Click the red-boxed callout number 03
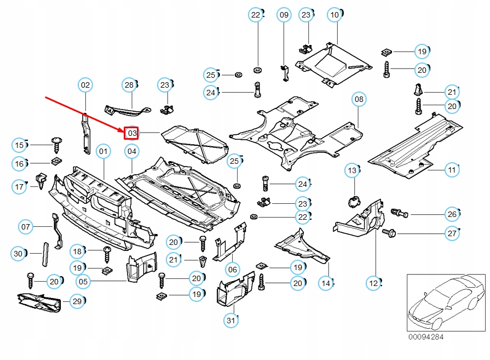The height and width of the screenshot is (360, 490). tap(131, 133)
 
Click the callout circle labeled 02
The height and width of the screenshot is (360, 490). tap(85, 85)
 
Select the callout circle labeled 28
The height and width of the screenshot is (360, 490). tap(129, 85)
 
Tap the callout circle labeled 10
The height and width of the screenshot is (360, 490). tap(335, 15)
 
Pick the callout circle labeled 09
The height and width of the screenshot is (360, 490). tap(284, 15)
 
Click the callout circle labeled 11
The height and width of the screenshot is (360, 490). tap(452, 170)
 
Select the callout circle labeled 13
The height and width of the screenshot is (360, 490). tap(352, 171)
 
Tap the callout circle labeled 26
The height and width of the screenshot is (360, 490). tap(452, 214)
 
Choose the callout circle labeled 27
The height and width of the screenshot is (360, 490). tap(452, 234)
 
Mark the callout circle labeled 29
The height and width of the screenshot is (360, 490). tap(77, 301)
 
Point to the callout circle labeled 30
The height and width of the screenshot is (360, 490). tap(19, 253)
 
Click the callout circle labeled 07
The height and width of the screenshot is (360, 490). tap(26, 226)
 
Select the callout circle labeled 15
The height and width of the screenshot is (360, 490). tap(19, 145)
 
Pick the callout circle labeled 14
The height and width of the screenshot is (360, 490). tap(326, 283)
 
